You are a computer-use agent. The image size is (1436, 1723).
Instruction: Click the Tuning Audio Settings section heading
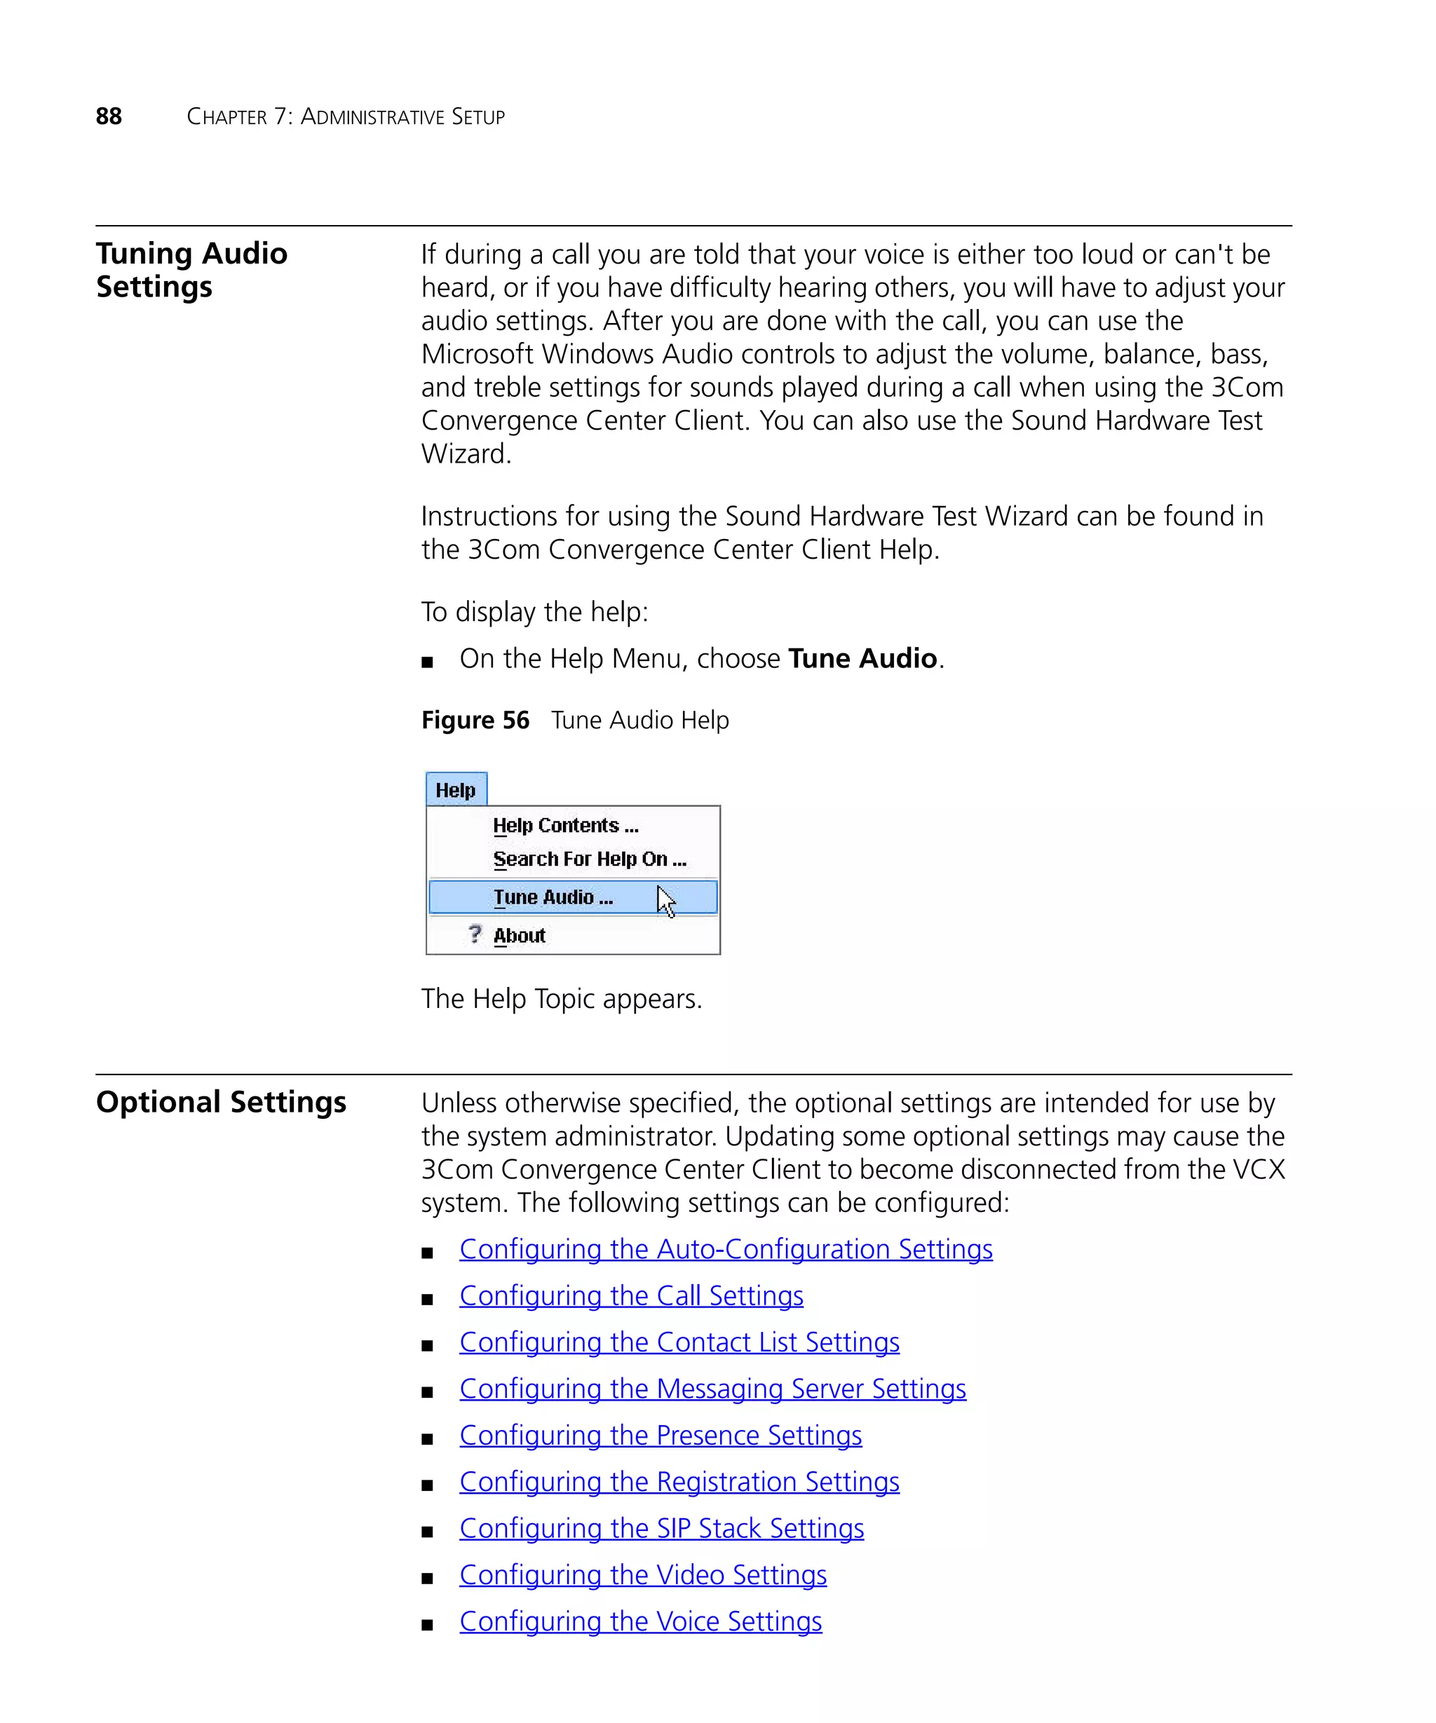pyautogui.click(x=191, y=270)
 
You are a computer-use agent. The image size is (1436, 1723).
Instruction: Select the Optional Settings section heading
pyautogui.click(x=221, y=1102)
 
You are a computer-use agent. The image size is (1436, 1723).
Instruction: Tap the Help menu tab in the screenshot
pyautogui.click(x=456, y=790)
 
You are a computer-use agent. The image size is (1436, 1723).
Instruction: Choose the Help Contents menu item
pyautogui.click(x=564, y=825)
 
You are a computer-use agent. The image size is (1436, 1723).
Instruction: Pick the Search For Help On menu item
pyautogui.click(x=588, y=859)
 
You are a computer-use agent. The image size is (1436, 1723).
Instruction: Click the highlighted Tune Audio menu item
pyautogui.click(x=553, y=897)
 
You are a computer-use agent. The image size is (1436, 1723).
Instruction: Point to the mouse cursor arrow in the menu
pyautogui.click(x=665, y=900)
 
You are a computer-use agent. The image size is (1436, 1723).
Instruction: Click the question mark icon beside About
pyautogui.click(x=474, y=934)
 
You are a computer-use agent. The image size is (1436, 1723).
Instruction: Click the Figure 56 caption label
pyautogui.click(x=475, y=721)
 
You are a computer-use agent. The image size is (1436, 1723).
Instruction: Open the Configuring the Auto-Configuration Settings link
pyautogui.click(x=726, y=1250)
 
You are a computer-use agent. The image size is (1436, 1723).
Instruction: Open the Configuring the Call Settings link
pyautogui.click(x=631, y=1296)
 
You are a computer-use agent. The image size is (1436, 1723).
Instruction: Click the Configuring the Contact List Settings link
pyautogui.click(x=679, y=1343)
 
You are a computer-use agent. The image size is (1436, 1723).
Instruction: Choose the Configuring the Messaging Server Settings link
pyautogui.click(x=712, y=1389)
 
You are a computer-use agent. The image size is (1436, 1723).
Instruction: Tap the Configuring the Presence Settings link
pyautogui.click(x=660, y=1436)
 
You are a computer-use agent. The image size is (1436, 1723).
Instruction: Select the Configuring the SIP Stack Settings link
pyautogui.click(x=661, y=1530)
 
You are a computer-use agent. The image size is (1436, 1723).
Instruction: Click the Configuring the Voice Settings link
pyautogui.click(x=640, y=1622)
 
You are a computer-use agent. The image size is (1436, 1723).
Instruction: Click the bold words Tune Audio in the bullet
pyautogui.click(x=862, y=659)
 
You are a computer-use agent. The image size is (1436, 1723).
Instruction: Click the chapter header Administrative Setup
pyautogui.click(x=402, y=116)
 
